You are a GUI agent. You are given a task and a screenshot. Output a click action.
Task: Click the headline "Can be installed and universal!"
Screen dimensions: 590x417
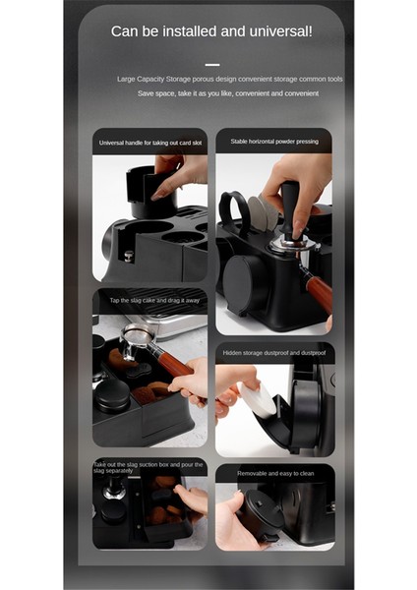211,31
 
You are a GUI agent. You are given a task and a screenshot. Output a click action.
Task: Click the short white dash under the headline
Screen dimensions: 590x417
211,64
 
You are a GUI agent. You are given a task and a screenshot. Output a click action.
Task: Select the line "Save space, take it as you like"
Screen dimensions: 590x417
227,93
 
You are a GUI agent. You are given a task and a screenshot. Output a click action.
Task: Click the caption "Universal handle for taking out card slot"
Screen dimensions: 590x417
150,143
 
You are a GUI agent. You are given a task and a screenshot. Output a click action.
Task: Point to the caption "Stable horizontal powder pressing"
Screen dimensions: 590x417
274,142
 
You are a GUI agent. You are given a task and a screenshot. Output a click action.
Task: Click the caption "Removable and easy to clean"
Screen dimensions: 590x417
274,473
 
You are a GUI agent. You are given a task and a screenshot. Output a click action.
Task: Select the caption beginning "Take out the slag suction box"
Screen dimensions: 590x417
150,468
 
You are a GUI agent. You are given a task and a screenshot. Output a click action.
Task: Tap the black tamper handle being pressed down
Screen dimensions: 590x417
290,202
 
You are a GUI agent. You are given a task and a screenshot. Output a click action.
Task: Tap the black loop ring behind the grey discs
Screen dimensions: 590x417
233,207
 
